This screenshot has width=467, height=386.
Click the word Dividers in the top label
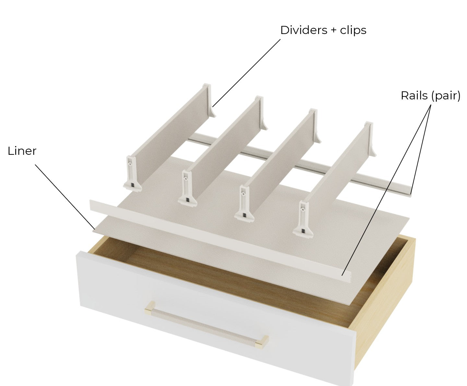[x=304, y=30]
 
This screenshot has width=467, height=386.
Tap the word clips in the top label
[x=353, y=30]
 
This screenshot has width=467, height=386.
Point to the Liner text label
[x=22, y=151]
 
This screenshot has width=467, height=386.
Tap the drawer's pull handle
[x=207, y=325]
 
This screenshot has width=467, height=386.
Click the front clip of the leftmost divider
[x=132, y=174]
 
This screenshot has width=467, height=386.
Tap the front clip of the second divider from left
[x=187, y=188]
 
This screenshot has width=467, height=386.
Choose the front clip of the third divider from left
[x=244, y=204]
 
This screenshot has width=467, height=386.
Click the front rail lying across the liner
[x=220, y=241]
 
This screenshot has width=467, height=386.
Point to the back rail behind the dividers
[x=300, y=165]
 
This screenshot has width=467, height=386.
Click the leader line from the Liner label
[x=65, y=197]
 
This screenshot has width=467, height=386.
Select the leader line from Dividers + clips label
[x=246, y=73]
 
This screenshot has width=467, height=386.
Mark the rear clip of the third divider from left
[x=316, y=126]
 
